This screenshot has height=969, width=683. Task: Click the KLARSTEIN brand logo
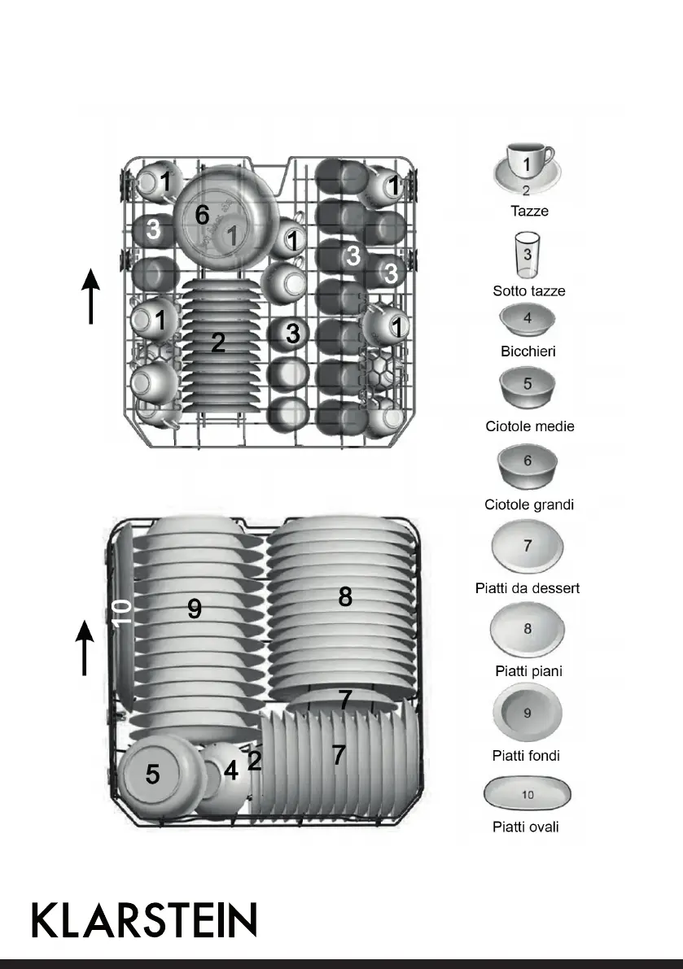coord(144,919)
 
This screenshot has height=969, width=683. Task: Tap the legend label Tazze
coord(528,211)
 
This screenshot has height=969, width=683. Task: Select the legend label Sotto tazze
coord(528,290)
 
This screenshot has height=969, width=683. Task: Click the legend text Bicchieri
coord(528,352)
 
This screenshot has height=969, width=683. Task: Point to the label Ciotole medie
coord(529,426)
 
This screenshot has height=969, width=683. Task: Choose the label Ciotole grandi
coord(529,504)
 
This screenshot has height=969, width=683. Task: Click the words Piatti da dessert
coord(528,587)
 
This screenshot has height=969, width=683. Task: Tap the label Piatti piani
coord(528,671)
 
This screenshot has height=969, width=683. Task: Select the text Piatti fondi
coord(526,755)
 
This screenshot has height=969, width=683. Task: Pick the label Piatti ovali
coord(527,827)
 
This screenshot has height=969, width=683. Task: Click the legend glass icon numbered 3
coord(528,256)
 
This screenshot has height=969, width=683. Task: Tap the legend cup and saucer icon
coord(527,169)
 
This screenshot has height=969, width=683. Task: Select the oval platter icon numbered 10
coord(528,794)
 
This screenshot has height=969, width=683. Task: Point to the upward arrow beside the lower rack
coord(85,647)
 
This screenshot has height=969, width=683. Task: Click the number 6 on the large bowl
coord(202,215)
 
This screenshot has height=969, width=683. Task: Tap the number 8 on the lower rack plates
coord(345,597)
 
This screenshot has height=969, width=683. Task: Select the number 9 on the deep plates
coord(195,608)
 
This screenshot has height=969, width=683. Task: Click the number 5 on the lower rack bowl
coord(152,775)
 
